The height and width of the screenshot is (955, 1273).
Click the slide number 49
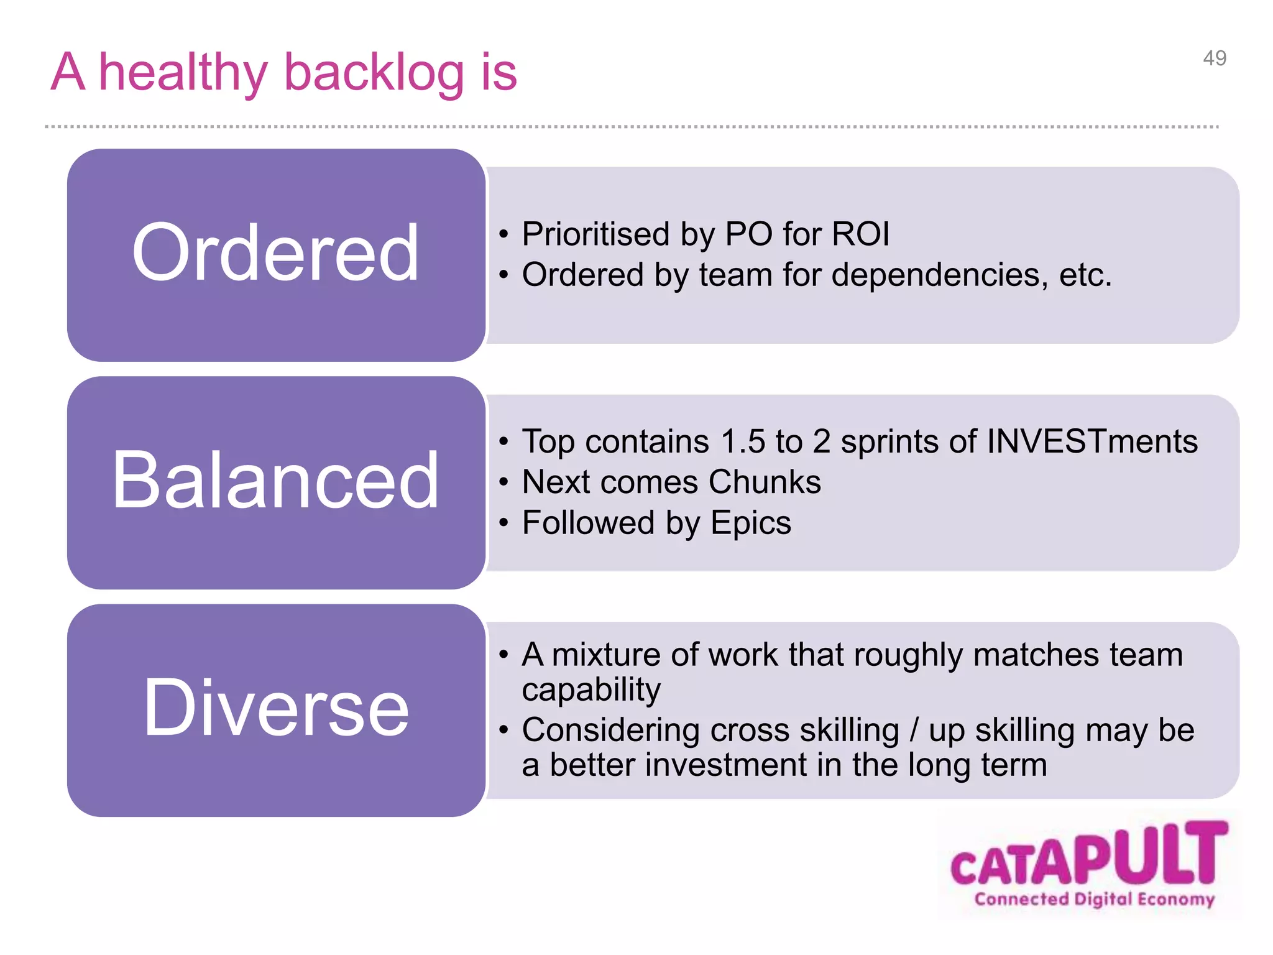pos(1214,58)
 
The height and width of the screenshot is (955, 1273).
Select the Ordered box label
pos(275,253)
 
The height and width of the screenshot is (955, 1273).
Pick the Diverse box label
pos(275,708)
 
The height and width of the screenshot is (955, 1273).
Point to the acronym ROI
pos(860,234)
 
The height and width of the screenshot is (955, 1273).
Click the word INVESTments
pos(1091,441)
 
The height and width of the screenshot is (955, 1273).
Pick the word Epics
pos(751,522)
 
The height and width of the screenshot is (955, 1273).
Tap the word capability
pos(591,690)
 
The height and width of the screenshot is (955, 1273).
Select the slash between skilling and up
pos(914,730)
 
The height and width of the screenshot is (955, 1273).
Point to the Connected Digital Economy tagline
pos(1094,899)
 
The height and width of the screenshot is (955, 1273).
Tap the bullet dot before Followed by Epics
pos(503,523)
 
